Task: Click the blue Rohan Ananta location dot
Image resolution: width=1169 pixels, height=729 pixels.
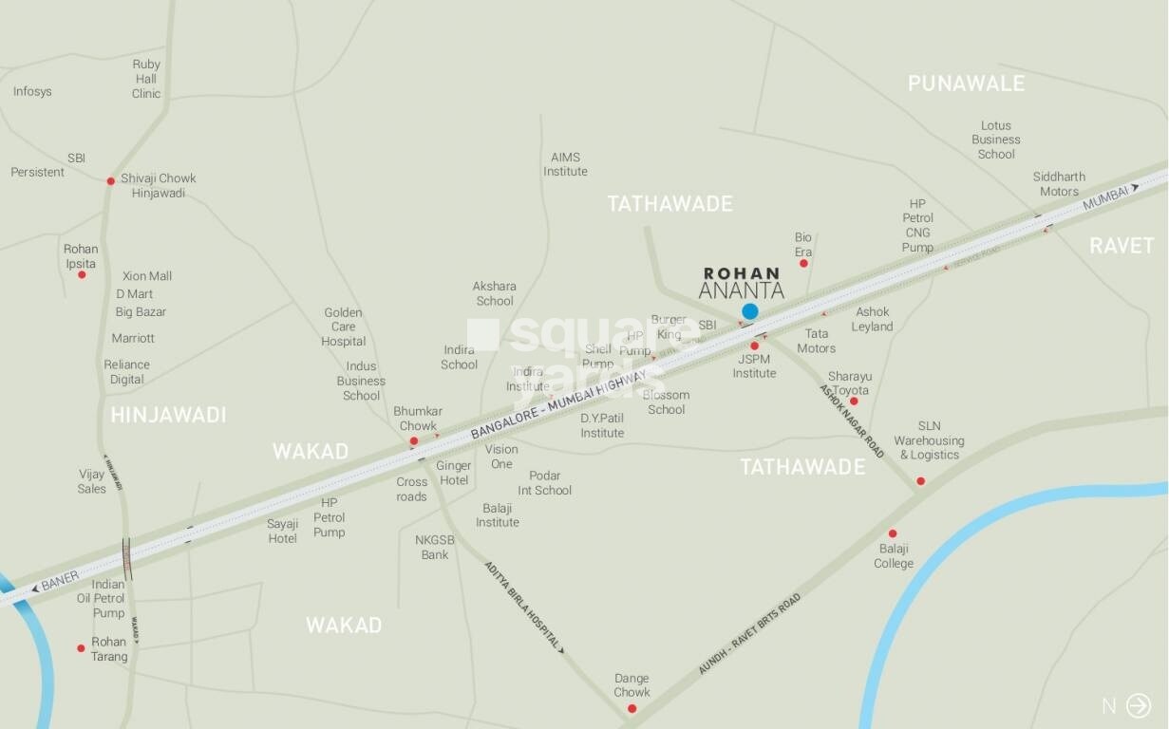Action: coord(750,311)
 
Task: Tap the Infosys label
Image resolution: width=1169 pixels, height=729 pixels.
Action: coord(32,92)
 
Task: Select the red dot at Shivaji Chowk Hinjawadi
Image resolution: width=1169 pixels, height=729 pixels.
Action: coord(111,180)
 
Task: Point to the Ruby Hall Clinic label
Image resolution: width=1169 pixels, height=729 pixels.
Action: coord(146,79)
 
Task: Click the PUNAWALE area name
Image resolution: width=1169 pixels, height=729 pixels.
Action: coord(966,84)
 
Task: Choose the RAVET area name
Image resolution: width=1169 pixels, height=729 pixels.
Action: coord(1122,246)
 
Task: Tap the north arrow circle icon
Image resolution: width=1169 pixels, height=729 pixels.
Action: coord(1138,705)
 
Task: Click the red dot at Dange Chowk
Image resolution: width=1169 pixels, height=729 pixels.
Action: coord(632,708)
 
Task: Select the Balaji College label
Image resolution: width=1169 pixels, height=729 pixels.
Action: coord(894,556)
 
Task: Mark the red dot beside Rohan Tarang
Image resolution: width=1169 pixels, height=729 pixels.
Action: coord(81,648)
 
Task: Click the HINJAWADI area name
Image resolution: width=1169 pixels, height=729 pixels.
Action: coord(168,415)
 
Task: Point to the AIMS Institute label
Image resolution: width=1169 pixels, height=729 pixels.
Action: coord(565,164)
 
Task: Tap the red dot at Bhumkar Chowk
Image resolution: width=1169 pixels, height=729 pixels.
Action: coord(414,440)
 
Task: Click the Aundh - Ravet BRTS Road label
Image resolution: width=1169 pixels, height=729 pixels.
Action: coord(749,633)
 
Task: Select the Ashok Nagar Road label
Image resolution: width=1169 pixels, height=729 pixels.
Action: coord(852,421)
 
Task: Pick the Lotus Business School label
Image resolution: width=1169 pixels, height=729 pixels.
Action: coord(996,140)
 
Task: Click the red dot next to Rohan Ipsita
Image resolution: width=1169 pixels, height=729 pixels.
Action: coord(82,274)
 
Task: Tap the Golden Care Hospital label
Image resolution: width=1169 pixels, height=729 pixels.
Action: coord(343,327)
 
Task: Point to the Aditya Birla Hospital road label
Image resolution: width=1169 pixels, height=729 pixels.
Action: coord(524,607)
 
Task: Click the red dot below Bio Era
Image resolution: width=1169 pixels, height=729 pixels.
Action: coord(803,263)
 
